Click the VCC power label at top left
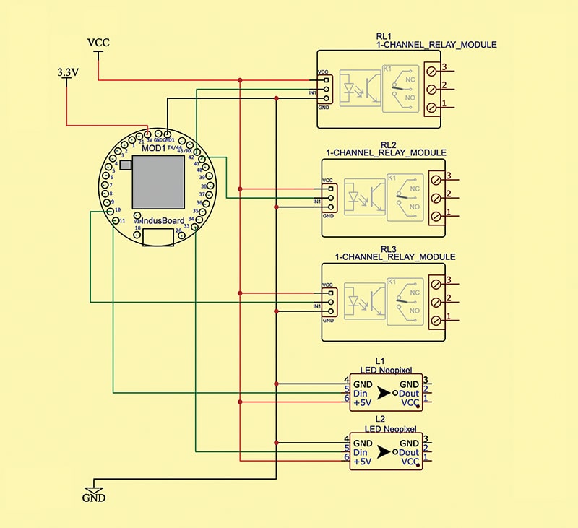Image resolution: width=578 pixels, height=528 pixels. (98, 43)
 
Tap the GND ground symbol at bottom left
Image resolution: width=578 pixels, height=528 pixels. (94, 498)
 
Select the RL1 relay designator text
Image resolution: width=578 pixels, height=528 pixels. (383, 36)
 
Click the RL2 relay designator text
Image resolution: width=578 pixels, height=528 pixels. (386, 144)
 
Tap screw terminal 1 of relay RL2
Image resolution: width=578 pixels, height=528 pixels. (436, 217)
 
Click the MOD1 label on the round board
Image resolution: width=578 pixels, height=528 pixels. (153, 147)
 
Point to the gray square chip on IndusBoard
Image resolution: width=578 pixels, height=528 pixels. (158, 183)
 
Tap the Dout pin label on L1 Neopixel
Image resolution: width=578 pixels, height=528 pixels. (408, 394)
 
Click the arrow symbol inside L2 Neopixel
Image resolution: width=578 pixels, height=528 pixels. (383, 452)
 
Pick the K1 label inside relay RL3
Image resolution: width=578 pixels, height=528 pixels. (393, 280)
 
